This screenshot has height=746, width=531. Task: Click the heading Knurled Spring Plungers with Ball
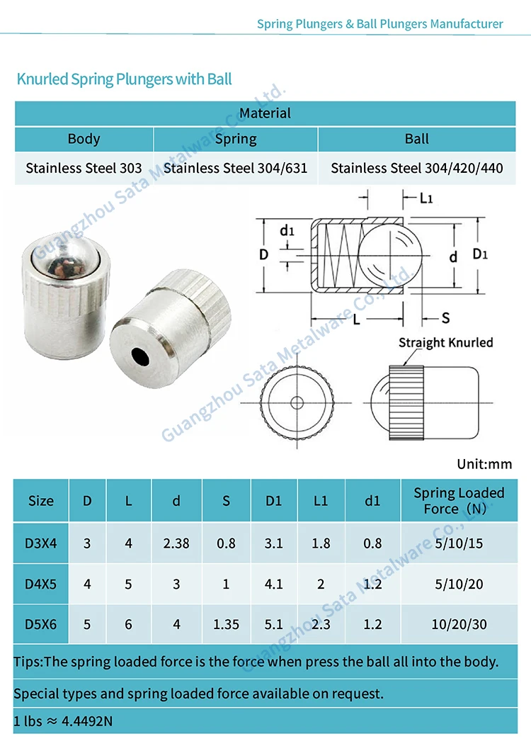(x=124, y=79)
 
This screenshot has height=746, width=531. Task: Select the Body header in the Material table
(x=84, y=139)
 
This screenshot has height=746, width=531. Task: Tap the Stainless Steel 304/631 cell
(x=235, y=169)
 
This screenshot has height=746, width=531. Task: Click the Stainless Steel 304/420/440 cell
(x=416, y=169)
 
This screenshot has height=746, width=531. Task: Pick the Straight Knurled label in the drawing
(x=445, y=343)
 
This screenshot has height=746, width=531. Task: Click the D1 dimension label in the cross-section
(x=480, y=254)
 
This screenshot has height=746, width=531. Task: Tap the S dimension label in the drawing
(x=445, y=319)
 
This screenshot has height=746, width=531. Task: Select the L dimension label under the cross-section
(x=355, y=320)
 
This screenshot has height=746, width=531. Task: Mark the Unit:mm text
(x=484, y=464)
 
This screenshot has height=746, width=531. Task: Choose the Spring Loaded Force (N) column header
(x=458, y=500)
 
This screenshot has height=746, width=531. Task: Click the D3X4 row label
(x=41, y=543)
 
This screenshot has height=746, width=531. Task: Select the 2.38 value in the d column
(x=176, y=543)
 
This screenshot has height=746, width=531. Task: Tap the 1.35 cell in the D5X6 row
(x=226, y=624)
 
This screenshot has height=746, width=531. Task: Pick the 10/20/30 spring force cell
(x=459, y=624)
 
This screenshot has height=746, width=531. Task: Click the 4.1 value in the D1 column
(x=274, y=584)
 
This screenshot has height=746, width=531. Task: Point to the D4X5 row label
(x=41, y=584)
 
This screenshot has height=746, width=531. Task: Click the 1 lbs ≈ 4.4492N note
(x=63, y=721)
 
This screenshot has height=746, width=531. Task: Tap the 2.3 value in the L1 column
(x=321, y=624)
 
